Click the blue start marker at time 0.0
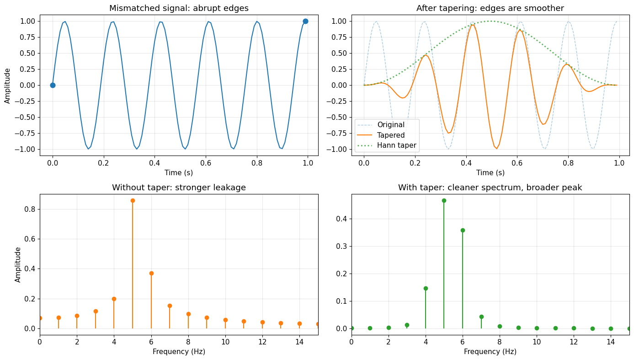coord(53,85)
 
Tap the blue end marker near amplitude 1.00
coord(305,21)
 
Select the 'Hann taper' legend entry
coord(396,146)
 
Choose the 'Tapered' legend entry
coord(391,135)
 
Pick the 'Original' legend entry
coord(391,124)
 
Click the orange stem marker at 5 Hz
coord(133,200)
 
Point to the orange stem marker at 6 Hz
coord(151,273)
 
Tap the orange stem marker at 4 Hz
coord(114,299)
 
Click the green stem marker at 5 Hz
coord(444,200)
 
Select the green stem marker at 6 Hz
coord(463,230)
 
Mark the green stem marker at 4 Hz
coord(426,288)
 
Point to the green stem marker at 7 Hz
coord(481,317)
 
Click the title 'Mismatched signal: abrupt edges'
coord(179,8)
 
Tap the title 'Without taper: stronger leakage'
coord(179,188)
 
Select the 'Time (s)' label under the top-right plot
coord(490,172)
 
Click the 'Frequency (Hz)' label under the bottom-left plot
coord(179,352)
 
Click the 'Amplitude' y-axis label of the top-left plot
coord(8,86)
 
